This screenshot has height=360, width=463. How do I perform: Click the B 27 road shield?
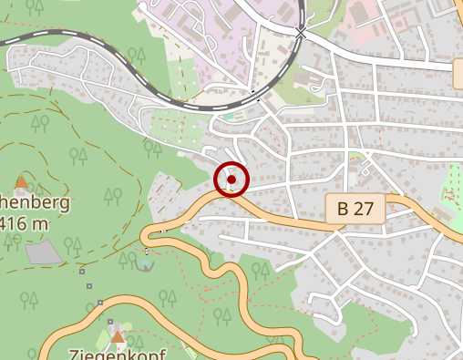click(x=355, y=208)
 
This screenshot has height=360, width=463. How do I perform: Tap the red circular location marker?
click(x=231, y=180)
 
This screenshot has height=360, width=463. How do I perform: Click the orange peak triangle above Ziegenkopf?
click(x=118, y=337)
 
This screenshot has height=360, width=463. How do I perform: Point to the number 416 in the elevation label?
click(x=11, y=222)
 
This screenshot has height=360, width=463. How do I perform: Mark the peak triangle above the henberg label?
click(x=21, y=181)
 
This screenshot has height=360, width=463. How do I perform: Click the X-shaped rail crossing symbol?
click(x=302, y=32)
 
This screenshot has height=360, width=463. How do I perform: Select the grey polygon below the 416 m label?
click(x=44, y=252)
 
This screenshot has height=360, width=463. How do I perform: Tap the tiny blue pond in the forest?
click(x=144, y=264)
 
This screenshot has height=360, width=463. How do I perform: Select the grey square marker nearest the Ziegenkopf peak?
click(x=109, y=322)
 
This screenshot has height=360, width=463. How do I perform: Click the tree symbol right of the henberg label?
click(x=113, y=194)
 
